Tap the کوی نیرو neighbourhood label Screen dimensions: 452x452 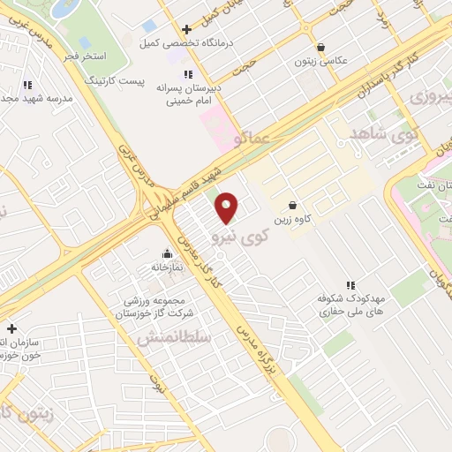click(x=237, y=237)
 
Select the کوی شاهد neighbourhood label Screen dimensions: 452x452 click(x=382, y=134)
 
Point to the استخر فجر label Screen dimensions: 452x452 click(x=85, y=56)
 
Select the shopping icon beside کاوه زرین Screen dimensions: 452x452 click(x=292, y=205)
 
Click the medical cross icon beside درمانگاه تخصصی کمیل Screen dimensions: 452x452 click(x=186, y=29)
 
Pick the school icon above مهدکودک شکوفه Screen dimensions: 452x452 click(x=350, y=284)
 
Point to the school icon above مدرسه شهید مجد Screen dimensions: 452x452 click(x=26, y=85)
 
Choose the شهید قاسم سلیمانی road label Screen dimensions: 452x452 click(x=186, y=186)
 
